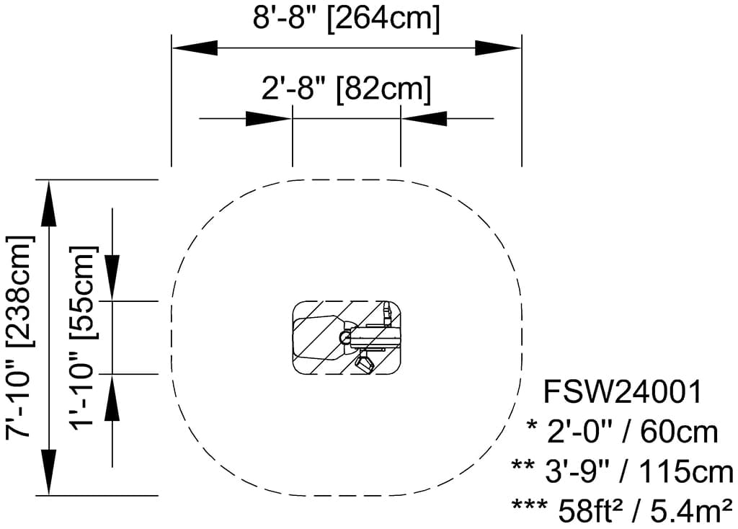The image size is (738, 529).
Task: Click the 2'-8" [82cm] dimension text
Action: click(346, 89)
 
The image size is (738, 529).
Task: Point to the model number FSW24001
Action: click(621, 394)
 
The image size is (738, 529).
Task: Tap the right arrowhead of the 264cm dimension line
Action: click(498, 48)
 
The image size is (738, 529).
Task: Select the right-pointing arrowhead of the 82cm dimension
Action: click(268, 118)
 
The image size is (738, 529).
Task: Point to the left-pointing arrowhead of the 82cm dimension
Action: click(424, 118)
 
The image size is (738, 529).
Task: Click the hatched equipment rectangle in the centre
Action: click(317, 337)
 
